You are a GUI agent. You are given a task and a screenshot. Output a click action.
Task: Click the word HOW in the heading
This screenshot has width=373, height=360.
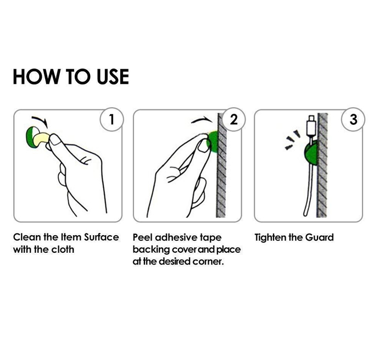pyautogui.click(x=36, y=76)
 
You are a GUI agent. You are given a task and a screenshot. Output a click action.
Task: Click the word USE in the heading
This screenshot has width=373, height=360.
pyautogui.click(x=113, y=76)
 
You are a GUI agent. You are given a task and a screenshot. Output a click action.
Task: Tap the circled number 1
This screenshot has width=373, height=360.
pyautogui.click(x=112, y=119)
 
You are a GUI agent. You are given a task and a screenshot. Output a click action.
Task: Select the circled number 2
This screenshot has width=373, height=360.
pyautogui.click(x=233, y=119)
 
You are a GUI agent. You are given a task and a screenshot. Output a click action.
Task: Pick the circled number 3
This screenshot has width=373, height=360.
pyautogui.click(x=353, y=119)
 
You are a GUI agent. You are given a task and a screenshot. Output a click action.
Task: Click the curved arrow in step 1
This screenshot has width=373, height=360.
pyautogui.click(x=42, y=119)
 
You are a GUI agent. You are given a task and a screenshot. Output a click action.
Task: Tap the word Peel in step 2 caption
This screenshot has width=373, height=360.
pyautogui.click(x=142, y=237)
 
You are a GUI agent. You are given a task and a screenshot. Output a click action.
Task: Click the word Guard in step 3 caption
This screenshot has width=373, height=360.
pyautogui.click(x=319, y=237)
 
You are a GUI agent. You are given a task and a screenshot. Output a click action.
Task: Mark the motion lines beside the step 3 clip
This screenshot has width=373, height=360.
pyautogui.click(x=293, y=140)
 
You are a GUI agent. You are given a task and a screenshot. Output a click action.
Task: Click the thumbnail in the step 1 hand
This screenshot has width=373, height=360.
pyautogui.click(x=57, y=140)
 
